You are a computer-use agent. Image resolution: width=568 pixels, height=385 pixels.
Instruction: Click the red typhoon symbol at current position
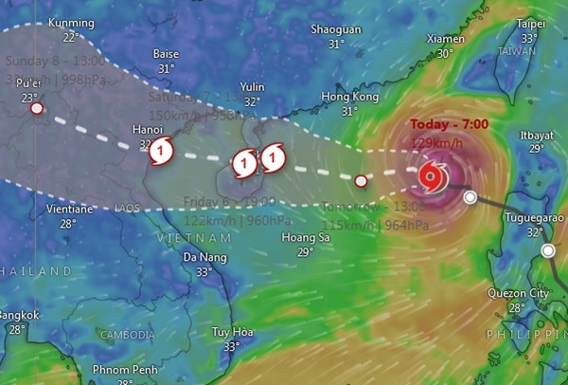tap(431, 174)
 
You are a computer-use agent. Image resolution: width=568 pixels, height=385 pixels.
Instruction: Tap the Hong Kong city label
tap(349, 97)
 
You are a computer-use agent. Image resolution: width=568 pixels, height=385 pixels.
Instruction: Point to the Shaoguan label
tap(336, 29)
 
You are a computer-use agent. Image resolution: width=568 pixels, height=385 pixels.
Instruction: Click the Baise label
tap(166, 54)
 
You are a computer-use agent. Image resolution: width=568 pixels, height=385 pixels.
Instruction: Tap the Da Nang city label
tap(204, 257)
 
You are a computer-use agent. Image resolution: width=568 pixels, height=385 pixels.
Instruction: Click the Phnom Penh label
tap(125, 369)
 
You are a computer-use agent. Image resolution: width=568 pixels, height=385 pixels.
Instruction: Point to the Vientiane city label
tap(68, 210)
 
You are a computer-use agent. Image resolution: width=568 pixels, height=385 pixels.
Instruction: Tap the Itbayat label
tap(537, 135)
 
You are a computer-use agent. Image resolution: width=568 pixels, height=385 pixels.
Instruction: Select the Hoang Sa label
tap(305, 238)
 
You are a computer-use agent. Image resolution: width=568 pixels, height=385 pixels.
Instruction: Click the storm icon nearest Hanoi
tap(162, 148)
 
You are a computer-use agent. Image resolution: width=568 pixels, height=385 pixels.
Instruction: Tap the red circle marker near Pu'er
tap(36, 109)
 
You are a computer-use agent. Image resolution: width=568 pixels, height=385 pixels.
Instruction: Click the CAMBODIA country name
tap(127, 335)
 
